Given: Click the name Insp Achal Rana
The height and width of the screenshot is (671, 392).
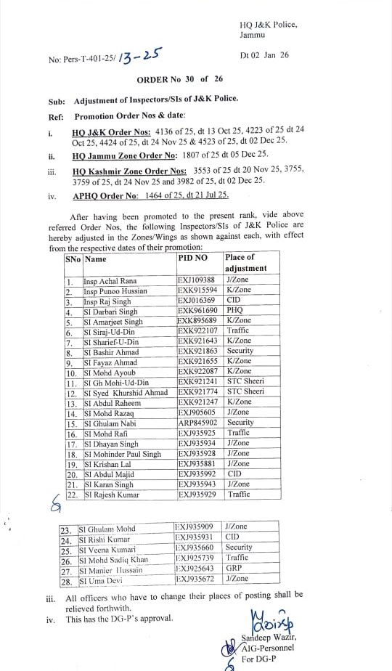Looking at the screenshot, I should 111,280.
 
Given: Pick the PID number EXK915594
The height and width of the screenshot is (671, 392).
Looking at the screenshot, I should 196,290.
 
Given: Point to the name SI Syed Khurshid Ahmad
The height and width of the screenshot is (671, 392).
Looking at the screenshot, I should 126,392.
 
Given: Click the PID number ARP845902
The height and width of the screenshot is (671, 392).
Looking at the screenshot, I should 196,423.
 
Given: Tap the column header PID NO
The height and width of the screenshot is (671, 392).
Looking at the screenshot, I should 192,258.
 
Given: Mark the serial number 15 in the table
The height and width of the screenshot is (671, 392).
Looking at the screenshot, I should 70,423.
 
